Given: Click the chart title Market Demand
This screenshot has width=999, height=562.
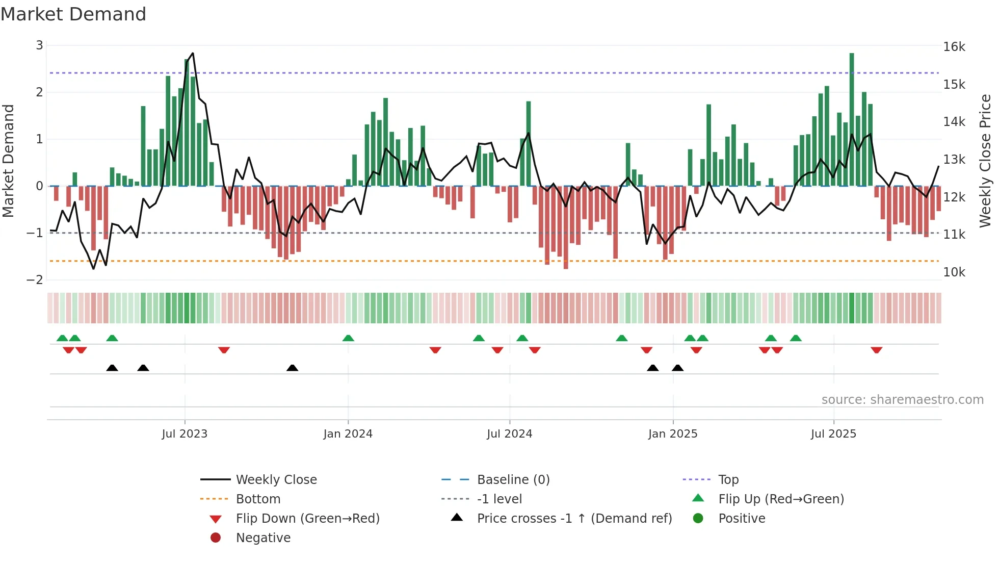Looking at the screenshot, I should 73,14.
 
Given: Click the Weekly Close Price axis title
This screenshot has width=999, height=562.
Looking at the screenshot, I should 985,161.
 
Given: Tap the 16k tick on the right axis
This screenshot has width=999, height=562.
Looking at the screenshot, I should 954,47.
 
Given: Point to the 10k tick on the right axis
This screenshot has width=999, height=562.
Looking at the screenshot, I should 954,272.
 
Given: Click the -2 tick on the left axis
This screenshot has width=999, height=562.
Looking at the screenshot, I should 35,280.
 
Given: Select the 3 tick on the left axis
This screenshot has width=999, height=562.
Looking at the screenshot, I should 39,45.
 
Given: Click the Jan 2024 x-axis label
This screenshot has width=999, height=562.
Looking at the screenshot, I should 348,434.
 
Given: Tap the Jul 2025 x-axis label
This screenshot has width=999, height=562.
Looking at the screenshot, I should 833,434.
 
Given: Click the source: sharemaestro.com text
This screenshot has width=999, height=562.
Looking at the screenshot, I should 902,400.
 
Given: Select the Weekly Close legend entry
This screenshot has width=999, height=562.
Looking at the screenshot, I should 276,480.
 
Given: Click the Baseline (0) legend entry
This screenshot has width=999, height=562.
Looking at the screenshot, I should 513,480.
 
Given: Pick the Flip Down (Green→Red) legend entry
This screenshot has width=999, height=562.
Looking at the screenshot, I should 307,519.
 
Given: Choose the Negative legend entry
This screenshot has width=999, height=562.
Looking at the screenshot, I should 263,538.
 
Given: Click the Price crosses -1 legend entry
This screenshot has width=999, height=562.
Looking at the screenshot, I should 574,519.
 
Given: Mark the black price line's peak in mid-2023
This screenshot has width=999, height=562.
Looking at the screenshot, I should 193,53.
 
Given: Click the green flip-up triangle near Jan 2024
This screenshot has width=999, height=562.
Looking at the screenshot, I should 348,338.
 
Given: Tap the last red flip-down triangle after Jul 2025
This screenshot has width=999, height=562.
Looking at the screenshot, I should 877,350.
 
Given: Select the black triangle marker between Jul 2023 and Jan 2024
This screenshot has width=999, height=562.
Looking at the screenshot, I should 292,368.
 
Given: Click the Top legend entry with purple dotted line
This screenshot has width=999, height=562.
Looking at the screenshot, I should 728,480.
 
